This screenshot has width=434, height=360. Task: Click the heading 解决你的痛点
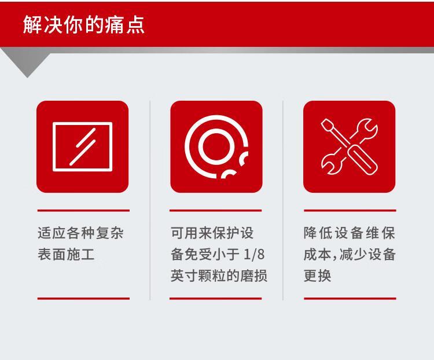coord(83,25)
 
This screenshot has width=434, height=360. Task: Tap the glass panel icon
coord(83,147)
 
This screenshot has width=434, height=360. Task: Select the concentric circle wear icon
coord(216,147)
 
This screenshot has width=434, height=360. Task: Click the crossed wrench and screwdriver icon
coord(350,147)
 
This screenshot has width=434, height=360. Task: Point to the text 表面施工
coord(66,254)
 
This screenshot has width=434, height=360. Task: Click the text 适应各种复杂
coord(80,233)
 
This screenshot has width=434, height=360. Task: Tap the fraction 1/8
coord(254,254)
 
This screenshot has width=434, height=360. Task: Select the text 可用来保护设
coord(212,233)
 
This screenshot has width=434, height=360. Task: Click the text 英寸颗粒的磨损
coord(219,275)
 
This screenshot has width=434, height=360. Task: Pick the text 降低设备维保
coord(350,233)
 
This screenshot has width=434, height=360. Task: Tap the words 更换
coord(317,275)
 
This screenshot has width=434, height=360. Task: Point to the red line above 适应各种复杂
coord(83,211)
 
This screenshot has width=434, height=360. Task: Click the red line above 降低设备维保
coord(350,211)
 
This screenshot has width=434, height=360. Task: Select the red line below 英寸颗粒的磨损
coord(216,299)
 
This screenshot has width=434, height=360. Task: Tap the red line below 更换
coord(350,299)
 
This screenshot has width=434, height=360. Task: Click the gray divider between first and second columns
coord(150,200)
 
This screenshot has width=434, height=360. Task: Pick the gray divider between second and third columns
coord(282,200)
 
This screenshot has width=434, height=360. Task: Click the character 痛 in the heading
coord(114,25)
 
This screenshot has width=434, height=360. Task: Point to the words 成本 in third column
coord(317,254)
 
